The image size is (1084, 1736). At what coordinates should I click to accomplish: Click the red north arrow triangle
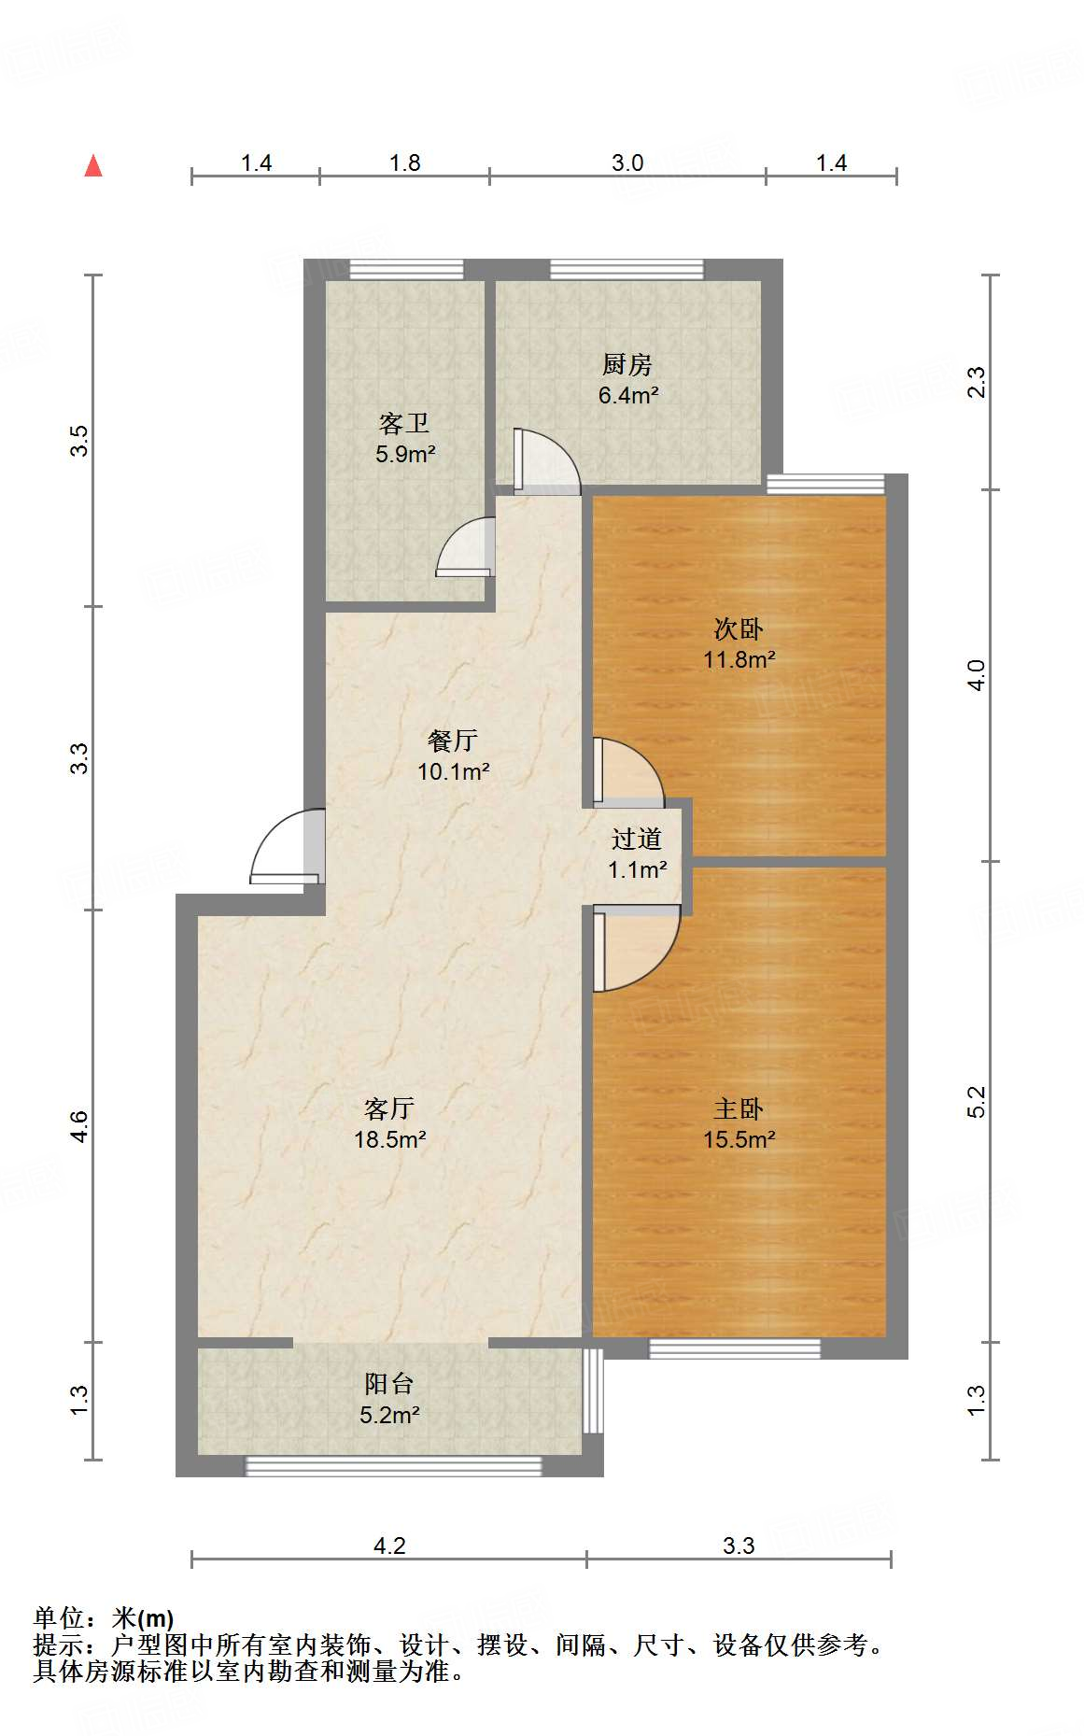93,166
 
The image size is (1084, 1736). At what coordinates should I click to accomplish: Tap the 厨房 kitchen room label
627,364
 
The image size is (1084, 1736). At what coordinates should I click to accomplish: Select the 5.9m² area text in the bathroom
405,455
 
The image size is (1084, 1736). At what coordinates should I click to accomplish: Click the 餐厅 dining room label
453,741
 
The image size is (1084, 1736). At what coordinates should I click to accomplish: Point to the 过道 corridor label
637,839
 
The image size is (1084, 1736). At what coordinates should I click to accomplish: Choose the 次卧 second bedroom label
739,628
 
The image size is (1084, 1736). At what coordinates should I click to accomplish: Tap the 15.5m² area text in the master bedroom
739,1139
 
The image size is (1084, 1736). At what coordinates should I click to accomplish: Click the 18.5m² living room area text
390,1139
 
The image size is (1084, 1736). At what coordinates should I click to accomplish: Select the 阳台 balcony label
389,1384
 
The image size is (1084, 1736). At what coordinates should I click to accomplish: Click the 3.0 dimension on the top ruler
627,162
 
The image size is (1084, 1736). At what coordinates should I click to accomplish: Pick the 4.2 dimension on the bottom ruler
389,1545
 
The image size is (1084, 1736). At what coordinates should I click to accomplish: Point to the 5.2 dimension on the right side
976,1102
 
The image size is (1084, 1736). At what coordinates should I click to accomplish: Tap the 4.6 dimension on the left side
79,1126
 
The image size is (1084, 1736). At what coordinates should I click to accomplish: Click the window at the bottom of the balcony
393,1466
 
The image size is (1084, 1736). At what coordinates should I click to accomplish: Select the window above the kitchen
626,269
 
